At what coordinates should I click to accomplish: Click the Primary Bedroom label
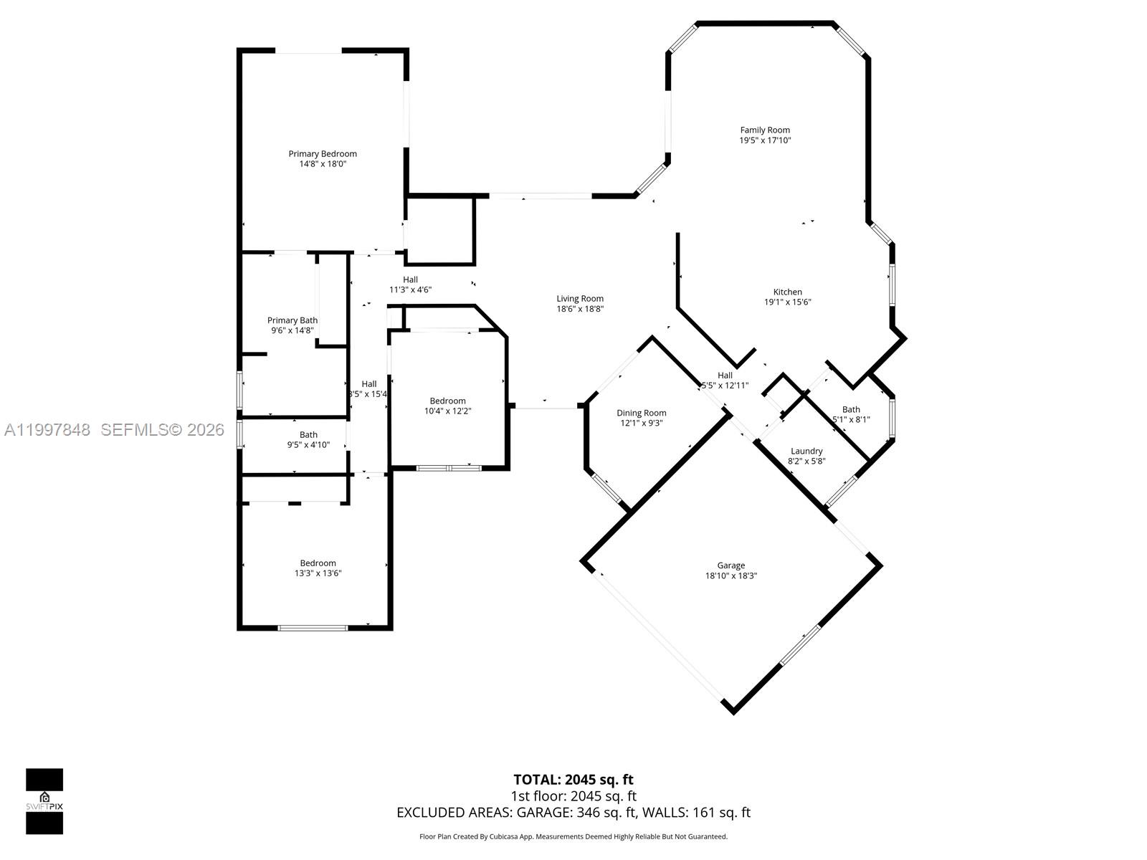tap(323, 153)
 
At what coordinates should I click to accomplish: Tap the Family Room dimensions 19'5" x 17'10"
tap(765, 140)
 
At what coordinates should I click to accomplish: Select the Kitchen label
tap(787, 292)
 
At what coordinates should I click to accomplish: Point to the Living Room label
tap(580, 298)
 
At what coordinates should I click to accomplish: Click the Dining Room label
tap(642, 413)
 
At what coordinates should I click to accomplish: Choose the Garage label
tap(730, 565)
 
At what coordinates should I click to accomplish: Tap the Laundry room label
tap(806, 451)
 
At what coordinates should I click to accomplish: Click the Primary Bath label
tap(292, 320)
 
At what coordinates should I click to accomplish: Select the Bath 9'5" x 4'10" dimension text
tap(308, 445)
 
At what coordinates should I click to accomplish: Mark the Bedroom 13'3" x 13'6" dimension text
tap(318, 573)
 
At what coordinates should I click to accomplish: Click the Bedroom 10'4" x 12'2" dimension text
tap(447, 411)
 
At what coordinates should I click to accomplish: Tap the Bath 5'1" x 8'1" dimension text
tap(851, 420)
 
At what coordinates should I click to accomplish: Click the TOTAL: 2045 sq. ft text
tap(573, 779)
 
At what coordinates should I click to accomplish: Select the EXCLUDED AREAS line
tap(573, 813)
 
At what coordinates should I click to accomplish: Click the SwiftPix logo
tap(44, 801)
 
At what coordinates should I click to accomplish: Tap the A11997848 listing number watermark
tap(47, 430)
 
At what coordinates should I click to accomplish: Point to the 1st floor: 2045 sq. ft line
tap(573, 796)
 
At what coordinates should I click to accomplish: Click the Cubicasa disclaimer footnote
tap(573, 836)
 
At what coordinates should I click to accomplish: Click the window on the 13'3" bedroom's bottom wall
tap(313, 628)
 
